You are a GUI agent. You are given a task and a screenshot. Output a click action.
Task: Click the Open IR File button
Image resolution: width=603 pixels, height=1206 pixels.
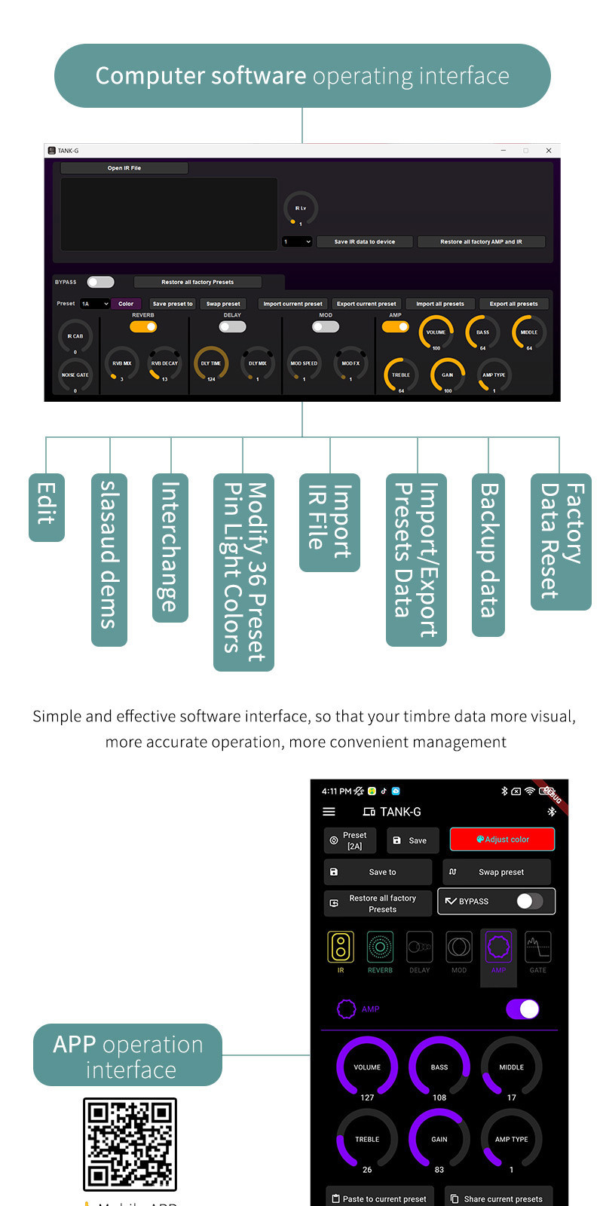click(124, 168)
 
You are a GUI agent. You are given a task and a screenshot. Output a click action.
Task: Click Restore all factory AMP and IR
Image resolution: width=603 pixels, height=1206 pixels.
click(481, 242)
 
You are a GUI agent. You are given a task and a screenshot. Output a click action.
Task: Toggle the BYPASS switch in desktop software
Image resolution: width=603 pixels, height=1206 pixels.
click(100, 282)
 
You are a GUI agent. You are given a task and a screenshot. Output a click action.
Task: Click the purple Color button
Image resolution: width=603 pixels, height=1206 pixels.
click(126, 304)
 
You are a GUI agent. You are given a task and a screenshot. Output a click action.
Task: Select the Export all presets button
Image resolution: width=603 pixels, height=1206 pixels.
click(513, 304)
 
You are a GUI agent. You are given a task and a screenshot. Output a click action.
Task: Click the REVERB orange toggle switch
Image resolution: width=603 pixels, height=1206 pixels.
click(143, 326)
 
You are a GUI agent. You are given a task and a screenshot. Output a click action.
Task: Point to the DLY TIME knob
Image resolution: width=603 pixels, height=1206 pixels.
click(211, 363)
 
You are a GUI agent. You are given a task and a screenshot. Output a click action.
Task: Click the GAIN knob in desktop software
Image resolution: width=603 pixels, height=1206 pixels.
click(448, 375)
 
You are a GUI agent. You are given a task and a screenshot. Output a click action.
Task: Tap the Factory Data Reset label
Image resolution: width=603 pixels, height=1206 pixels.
click(561, 541)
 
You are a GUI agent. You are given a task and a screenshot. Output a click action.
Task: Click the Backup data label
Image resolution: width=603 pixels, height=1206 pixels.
click(488, 554)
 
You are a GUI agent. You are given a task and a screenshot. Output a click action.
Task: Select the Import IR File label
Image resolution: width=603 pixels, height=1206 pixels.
click(329, 522)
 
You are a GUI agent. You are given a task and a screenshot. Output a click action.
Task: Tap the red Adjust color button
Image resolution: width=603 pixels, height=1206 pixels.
click(502, 839)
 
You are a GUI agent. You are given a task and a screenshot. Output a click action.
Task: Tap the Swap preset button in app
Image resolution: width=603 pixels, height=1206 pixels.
click(497, 872)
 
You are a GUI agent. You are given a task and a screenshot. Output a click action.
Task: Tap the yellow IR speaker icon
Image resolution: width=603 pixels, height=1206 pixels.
click(341, 947)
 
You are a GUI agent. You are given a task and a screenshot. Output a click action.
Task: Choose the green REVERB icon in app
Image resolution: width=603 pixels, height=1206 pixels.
click(380, 947)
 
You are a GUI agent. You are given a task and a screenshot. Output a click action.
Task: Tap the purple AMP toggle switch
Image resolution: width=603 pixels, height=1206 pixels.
click(522, 1009)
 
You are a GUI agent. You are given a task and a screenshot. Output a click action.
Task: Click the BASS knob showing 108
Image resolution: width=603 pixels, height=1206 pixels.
click(439, 1067)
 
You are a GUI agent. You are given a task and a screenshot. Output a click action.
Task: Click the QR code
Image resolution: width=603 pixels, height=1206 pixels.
click(130, 1144)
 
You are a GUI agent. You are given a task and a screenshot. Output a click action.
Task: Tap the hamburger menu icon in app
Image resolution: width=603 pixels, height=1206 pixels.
click(329, 812)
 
